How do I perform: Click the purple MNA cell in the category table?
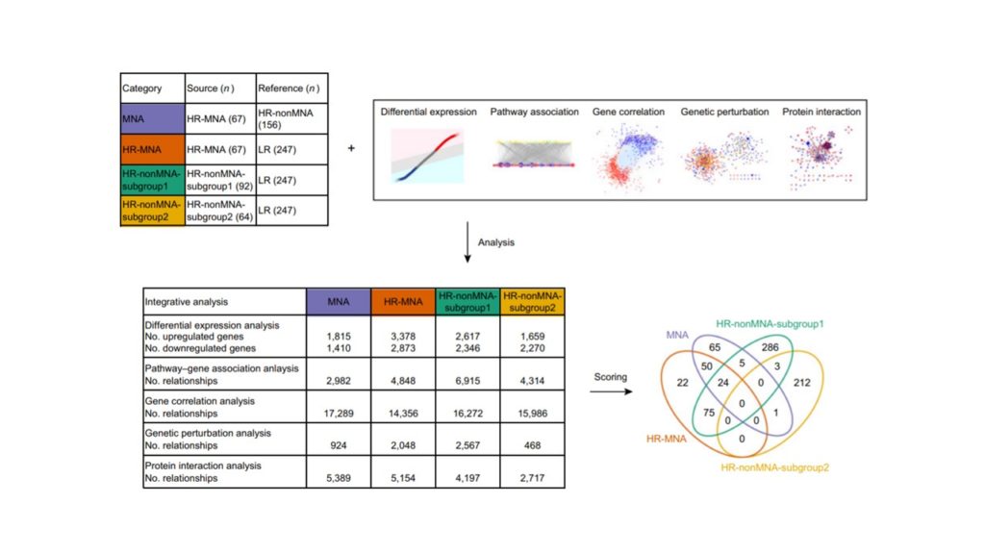click(153, 118)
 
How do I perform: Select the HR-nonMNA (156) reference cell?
click(292, 118)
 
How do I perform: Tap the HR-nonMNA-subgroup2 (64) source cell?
click(220, 211)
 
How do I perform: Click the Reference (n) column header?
click(292, 88)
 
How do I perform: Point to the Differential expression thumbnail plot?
click(427, 156)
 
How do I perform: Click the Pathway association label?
click(534, 112)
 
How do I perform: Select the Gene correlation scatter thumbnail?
click(628, 157)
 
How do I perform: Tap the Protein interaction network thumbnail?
click(821, 157)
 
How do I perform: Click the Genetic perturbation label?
click(724, 112)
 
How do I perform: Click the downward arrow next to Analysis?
click(467, 241)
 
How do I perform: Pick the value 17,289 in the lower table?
click(338, 414)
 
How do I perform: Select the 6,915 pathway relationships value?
click(467, 381)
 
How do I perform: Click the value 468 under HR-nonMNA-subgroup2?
click(532, 445)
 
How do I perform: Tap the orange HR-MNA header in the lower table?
click(403, 301)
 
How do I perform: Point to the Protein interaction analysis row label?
click(203, 466)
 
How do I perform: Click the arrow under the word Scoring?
click(611, 392)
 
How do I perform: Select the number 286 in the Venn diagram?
click(770, 346)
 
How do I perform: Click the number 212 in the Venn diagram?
click(801, 382)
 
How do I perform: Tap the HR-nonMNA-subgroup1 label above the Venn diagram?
click(770, 324)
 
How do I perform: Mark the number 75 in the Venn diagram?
click(709, 413)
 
